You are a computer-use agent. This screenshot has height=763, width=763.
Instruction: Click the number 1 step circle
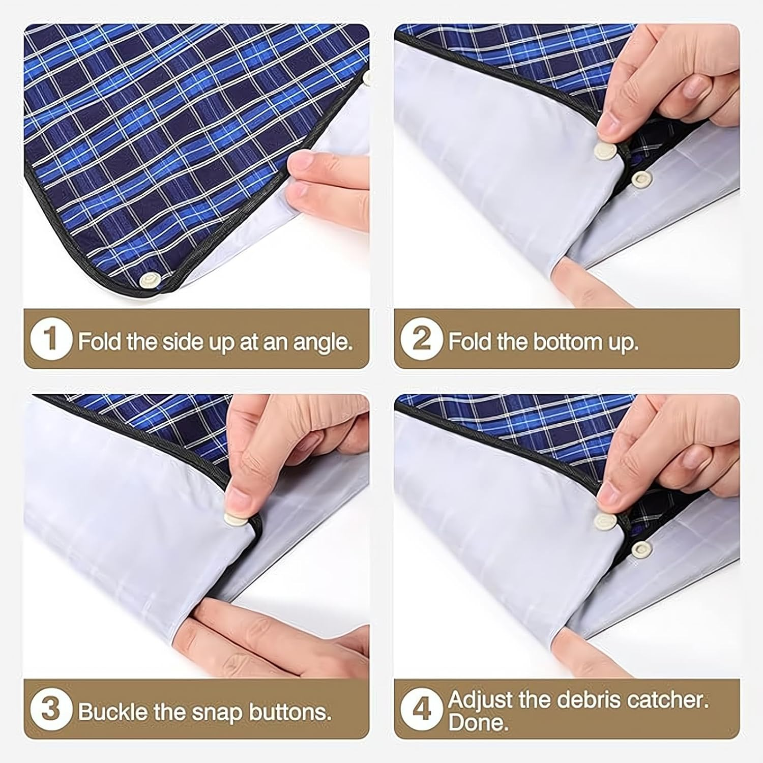point(50,339)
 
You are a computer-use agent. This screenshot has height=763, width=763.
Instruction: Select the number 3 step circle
point(50,710)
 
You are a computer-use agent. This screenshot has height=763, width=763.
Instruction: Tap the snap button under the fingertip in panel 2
point(604,151)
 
